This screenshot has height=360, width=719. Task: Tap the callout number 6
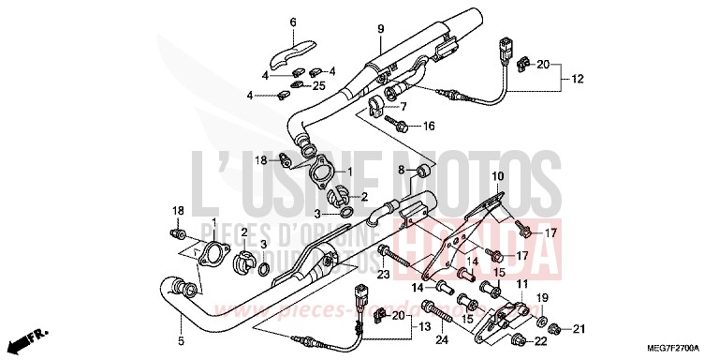[292, 22]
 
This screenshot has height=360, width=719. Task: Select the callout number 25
[320, 86]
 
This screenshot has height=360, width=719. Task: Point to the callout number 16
[429, 126]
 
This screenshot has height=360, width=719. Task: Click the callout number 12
[579, 79]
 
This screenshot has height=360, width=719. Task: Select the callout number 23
[382, 275]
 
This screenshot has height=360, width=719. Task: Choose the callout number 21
[579, 328]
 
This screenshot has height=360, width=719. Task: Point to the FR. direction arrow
[36, 336]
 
